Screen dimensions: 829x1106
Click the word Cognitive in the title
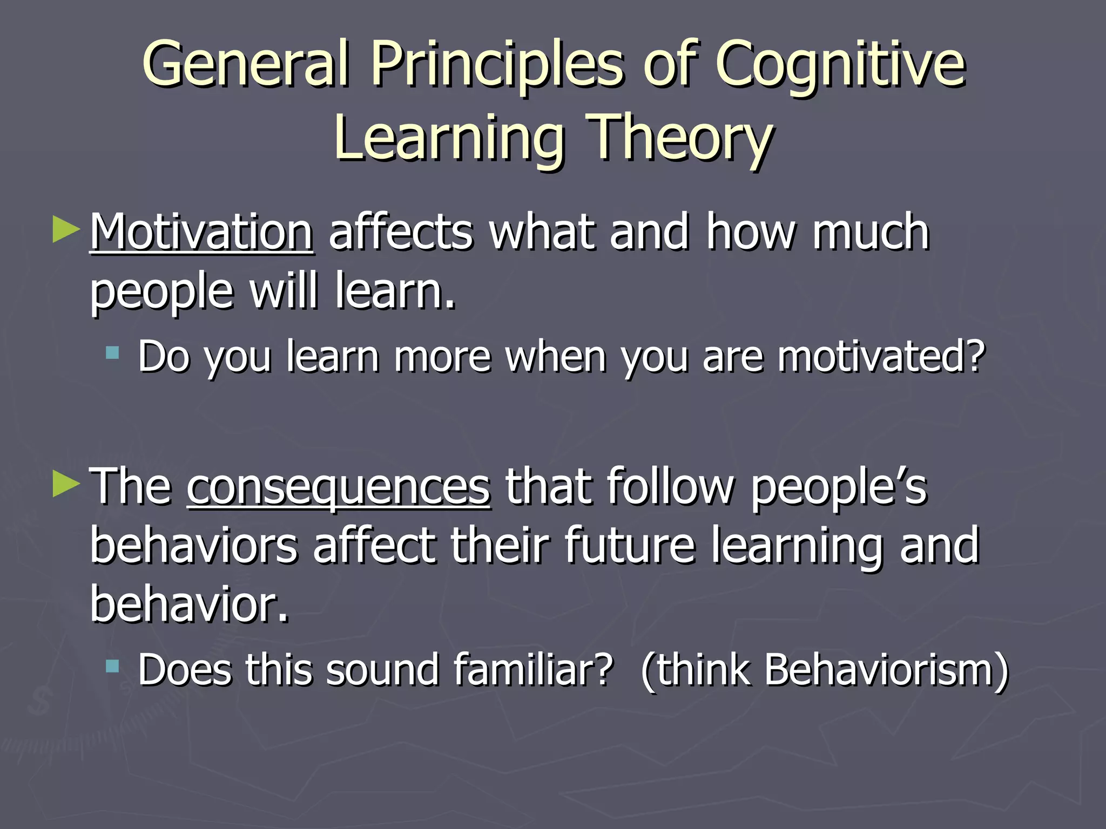(840, 65)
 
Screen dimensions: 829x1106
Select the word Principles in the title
(497, 65)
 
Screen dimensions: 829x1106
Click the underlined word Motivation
(201, 232)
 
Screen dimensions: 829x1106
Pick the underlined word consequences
(339, 487)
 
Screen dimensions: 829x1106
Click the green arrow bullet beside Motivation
(66, 230)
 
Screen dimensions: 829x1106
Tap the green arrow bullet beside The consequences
(66, 484)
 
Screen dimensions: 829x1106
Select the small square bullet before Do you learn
(112, 354)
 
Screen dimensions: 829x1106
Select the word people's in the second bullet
(839, 487)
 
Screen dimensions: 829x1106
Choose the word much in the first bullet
(871, 232)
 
